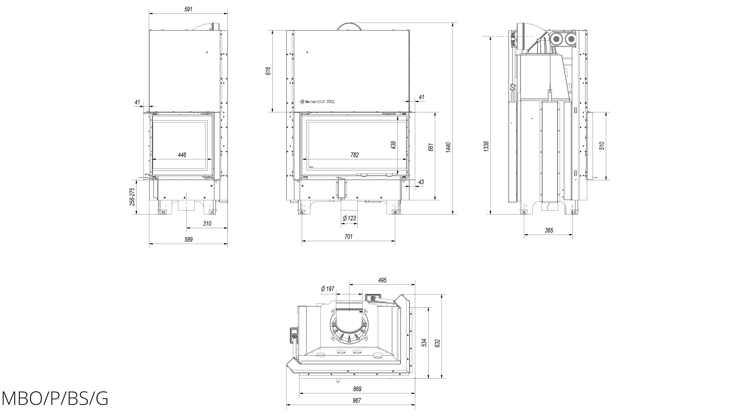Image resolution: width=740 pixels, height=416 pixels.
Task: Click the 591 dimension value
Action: tap(188, 9)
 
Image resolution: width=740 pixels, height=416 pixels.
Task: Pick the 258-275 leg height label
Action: tap(132, 197)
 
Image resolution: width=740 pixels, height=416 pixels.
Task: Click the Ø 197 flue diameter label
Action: tap(327, 289)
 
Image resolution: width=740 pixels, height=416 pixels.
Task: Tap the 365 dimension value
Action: tap(549, 230)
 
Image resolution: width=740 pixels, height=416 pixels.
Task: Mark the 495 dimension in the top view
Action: tap(382, 280)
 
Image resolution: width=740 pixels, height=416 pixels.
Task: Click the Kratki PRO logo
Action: tap(317, 101)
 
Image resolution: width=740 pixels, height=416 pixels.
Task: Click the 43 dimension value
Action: tap(421, 182)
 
